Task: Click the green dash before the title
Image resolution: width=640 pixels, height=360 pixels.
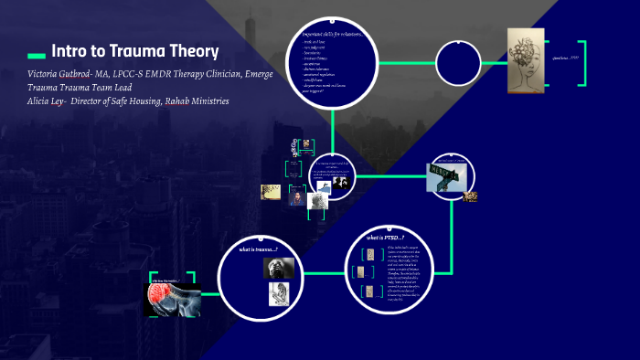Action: tap(37, 53)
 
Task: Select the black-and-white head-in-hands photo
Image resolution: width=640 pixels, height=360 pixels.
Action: tap(278, 268)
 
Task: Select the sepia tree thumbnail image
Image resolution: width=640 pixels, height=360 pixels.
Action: tap(271, 192)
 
